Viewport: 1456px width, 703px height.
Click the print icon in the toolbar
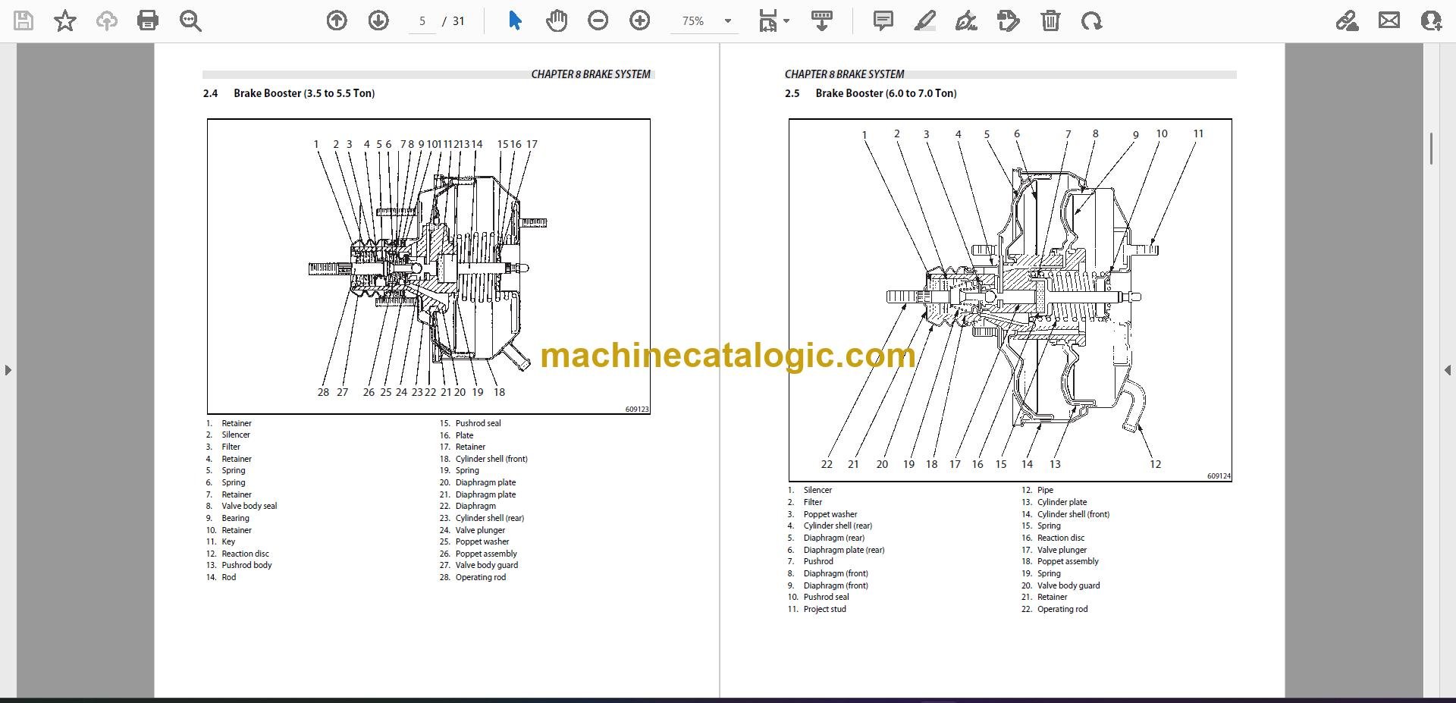point(148,20)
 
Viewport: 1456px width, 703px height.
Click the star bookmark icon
point(65,20)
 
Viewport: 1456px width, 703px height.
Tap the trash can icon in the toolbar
point(1050,20)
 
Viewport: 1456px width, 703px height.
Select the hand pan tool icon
point(557,20)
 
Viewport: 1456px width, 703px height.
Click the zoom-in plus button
point(640,20)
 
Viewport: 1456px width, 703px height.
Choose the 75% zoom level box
point(701,21)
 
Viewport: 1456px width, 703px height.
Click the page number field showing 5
point(422,21)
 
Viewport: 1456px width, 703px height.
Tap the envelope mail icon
point(1389,20)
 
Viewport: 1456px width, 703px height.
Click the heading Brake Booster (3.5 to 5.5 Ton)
point(304,93)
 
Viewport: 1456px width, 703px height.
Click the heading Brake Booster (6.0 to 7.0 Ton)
point(886,93)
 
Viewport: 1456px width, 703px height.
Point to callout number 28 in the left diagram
point(323,392)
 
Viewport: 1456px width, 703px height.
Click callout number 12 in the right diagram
point(1155,464)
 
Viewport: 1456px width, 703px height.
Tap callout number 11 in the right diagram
point(1198,133)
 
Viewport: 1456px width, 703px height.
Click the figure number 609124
point(1219,476)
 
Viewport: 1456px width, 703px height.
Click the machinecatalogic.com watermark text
point(728,355)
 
